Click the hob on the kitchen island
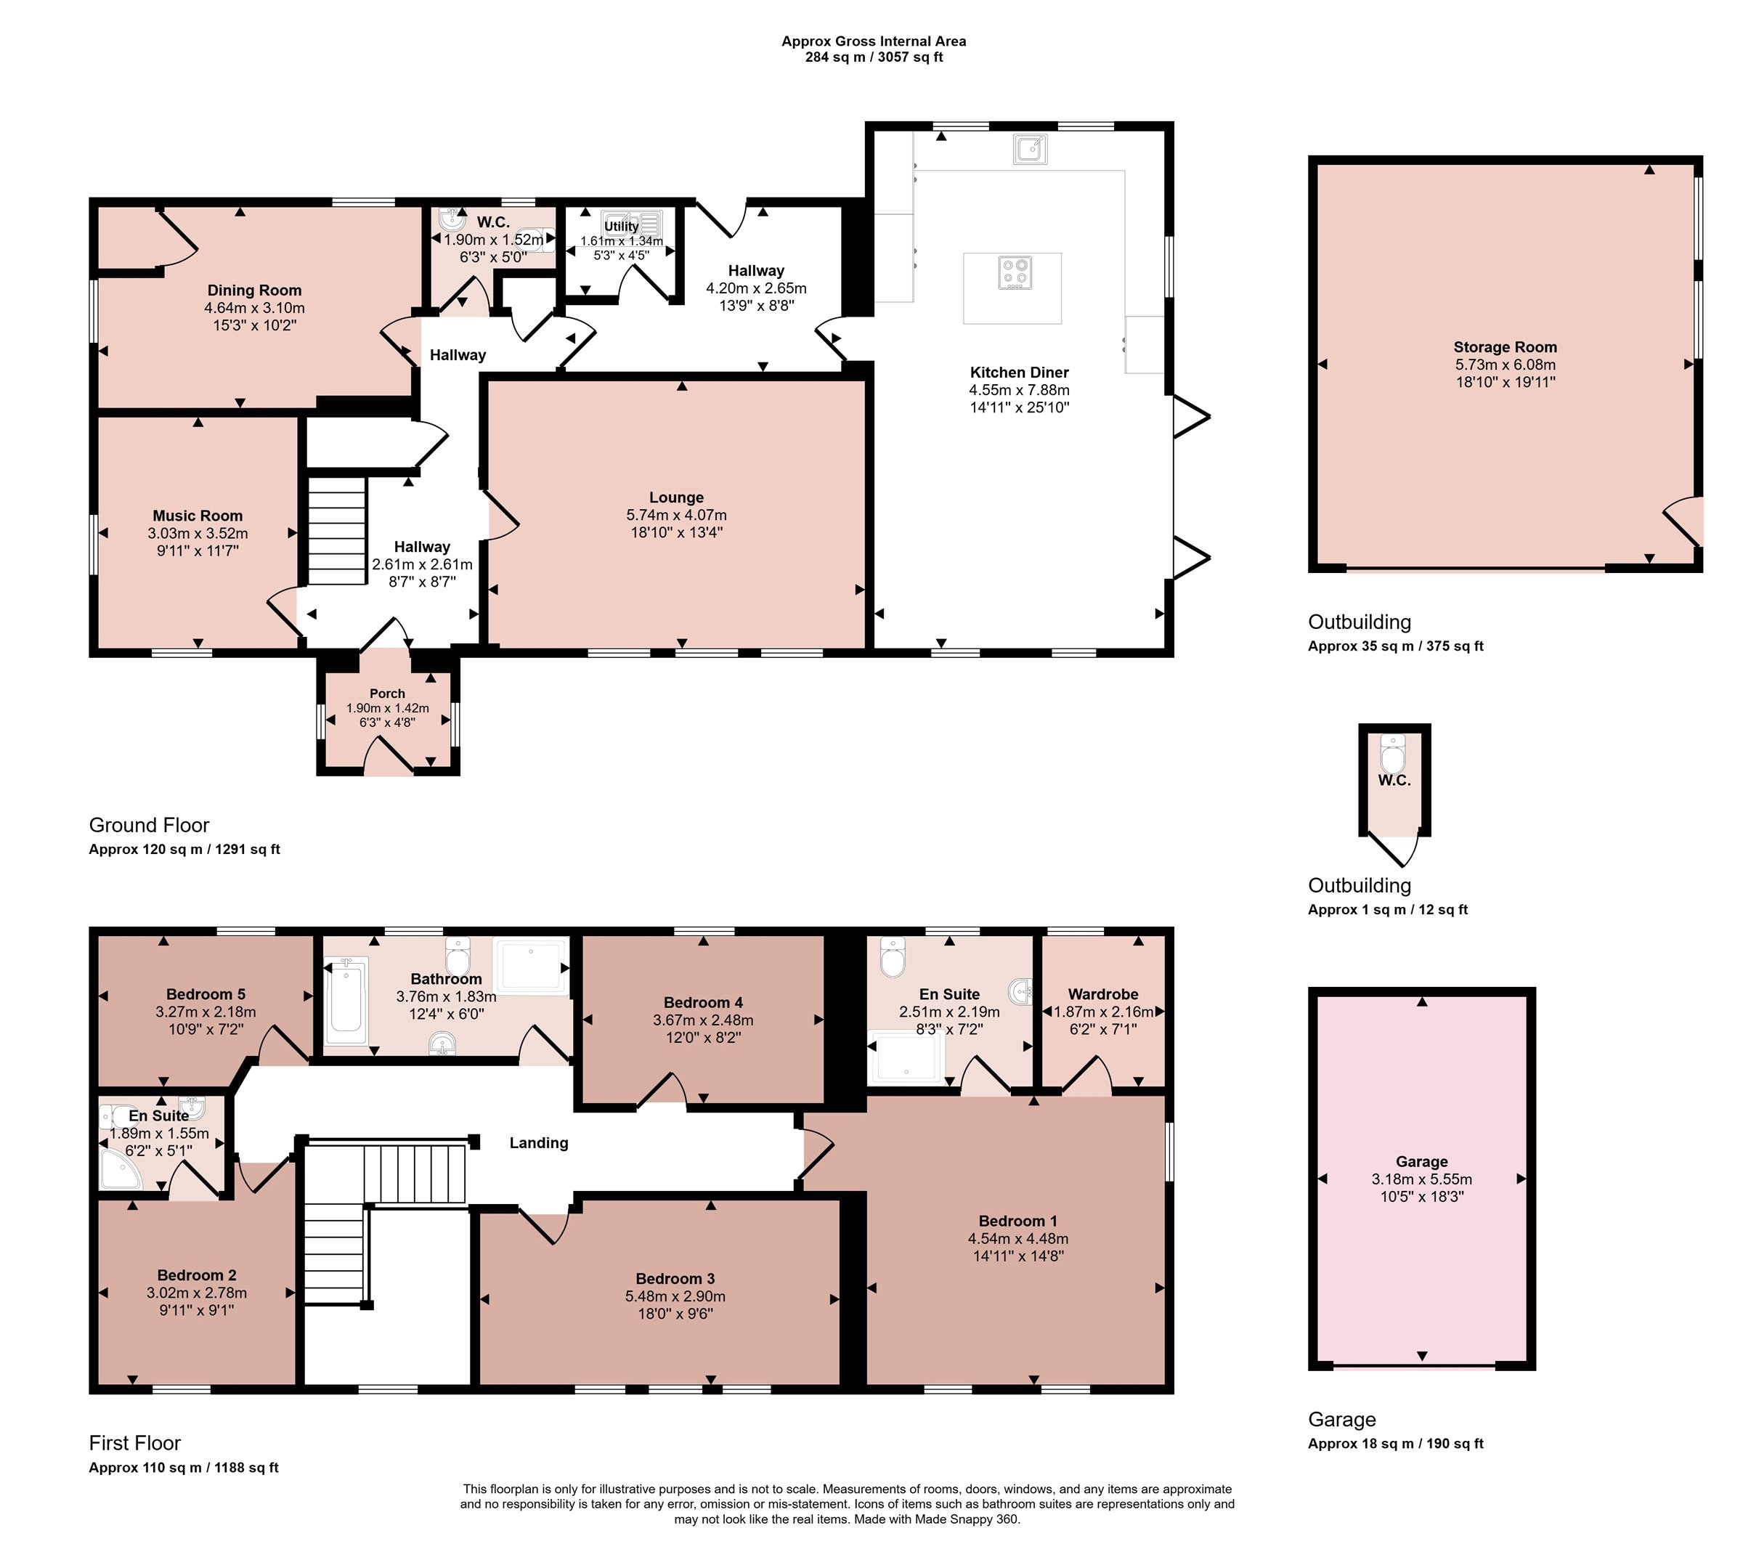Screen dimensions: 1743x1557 (x=1015, y=273)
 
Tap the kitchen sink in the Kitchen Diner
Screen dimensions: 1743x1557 (x=1031, y=149)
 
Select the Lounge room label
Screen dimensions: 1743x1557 (x=676, y=497)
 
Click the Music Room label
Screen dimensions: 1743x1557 (x=198, y=516)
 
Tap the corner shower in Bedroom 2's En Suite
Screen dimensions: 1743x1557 (x=120, y=1168)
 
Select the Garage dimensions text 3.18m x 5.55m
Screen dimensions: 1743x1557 (x=1421, y=1179)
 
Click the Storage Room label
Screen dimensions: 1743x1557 (x=1505, y=347)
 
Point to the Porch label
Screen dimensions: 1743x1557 (x=387, y=694)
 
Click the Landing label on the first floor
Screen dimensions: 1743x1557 (x=538, y=1143)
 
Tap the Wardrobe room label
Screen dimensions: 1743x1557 (x=1103, y=994)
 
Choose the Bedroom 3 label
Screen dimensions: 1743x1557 (x=675, y=1278)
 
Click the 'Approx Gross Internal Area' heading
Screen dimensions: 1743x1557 (x=874, y=41)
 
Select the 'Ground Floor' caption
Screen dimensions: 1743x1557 (x=149, y=826)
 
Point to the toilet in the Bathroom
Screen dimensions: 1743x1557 (x=458, y=955)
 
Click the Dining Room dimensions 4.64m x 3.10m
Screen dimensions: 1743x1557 (x=254, y=308)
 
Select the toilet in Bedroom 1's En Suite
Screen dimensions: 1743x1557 (x=893, y=957)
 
